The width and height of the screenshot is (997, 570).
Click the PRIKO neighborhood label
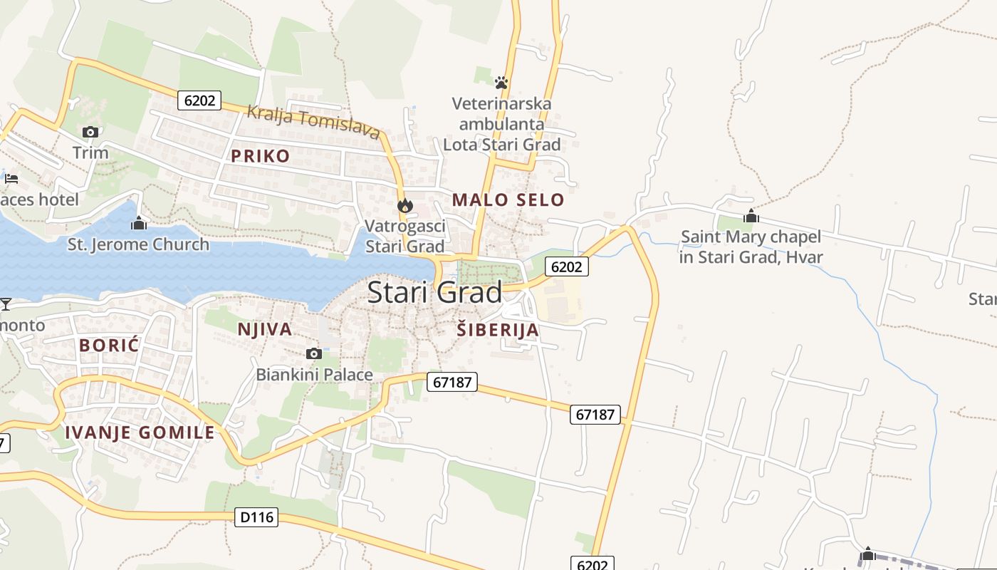click(260, 156)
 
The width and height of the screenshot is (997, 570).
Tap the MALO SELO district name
click(508, 200)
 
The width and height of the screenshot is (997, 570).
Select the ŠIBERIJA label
click(498, 330)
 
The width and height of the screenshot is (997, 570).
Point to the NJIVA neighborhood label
click(265, 329)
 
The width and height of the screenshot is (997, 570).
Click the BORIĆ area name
click(109, 346)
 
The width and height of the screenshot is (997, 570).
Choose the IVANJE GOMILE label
click(140, 432)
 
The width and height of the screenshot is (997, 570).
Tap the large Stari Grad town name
click(434, 293)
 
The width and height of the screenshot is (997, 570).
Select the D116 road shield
click(256, 517)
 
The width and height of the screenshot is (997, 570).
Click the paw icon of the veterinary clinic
click(501, 83)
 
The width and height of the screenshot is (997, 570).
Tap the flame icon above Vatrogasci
click(405, 205)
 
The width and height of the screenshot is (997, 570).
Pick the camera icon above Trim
click(90, 132)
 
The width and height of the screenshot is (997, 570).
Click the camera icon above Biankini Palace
click(313, 353)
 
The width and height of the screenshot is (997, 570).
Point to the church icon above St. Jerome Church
click(139, 224)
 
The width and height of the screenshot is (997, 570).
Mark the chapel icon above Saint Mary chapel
click(751, 216)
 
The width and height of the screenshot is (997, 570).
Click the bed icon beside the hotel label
click(11, 178)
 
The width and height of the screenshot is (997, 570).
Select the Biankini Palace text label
click(314, 375)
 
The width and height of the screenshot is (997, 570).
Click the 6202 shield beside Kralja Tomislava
click(199, 100)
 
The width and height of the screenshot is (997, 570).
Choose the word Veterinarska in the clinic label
click(501, 104)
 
